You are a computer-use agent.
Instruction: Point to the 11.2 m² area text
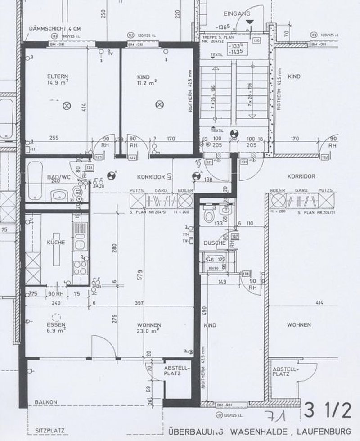click(x=147, y=83)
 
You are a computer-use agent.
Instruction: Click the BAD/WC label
click(x=57, y=178)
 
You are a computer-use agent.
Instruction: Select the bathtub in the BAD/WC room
click(x=36, y=181)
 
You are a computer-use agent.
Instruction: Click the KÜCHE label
click(x=56, y=243)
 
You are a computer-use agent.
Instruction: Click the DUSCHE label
click(x=214, y=243)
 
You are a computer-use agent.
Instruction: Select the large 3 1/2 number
click(x=328, y=410)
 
